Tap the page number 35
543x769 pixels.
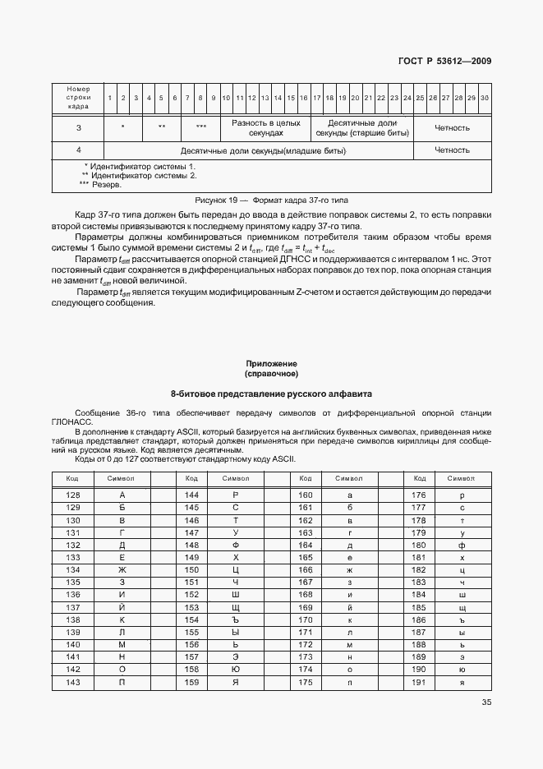point(485,702)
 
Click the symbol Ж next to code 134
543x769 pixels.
point(122,569)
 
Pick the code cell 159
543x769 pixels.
point(192,681)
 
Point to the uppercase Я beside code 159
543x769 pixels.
point(236,681)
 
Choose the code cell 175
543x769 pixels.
point(306,681)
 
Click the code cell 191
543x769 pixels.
point(418,681)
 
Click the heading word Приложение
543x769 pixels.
point(271,362)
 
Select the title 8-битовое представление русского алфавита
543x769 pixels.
point(271,394)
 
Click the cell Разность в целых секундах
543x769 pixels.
point(265,127)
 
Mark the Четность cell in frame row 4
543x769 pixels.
point(452,150)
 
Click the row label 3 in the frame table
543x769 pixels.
point(78,127)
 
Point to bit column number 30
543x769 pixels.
point(485,98)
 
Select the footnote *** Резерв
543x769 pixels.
point(100,184)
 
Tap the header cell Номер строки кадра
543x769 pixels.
point(78,98)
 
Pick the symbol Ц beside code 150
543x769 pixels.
point(236,569)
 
